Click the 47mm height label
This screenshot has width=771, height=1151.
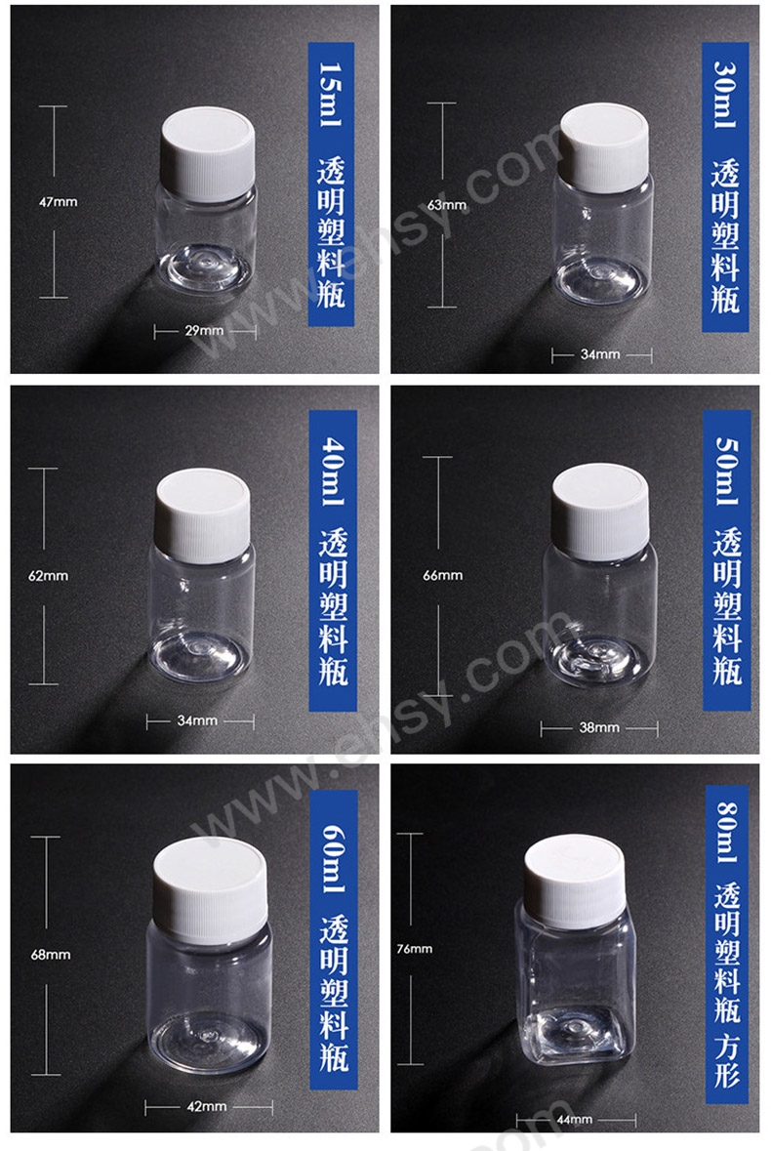[58, 202]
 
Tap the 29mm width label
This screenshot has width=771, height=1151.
[204, 330]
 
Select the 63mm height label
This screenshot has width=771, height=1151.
[447, 205]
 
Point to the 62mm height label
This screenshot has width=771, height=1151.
[49, 576]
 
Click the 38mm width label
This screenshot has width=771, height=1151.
[599, 727]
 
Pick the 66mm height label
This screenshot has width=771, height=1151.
[443, 576]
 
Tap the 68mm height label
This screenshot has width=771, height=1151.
[51, 955]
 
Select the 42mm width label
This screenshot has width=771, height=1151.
[207, 1106]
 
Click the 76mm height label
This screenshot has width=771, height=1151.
[415, 949]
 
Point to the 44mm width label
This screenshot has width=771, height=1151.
[575, 1120]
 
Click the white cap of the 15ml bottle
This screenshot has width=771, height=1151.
[208, 152]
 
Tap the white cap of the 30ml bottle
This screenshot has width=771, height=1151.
[604, 146]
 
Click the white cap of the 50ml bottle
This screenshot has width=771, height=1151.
[600, 510]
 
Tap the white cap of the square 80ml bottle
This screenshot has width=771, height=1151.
[575, 881]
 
